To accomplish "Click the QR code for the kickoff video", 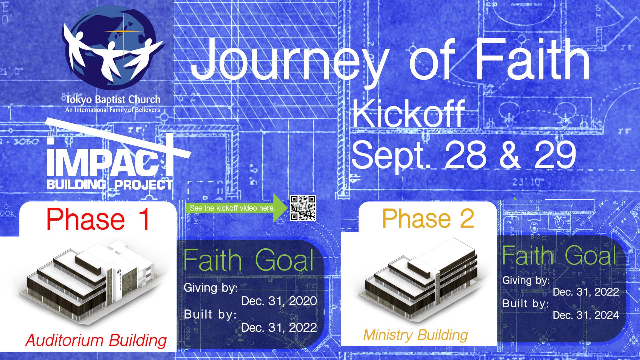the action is click(x=303, y=208).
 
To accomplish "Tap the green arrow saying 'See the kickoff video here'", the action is click(x=237, y=208).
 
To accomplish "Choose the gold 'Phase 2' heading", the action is click(x=428, y=218).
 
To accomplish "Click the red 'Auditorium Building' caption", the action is click(x=96, y=340).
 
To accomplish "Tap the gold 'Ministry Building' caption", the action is click(x=416, y=335).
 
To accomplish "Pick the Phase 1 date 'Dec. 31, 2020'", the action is click(x=279, y=301).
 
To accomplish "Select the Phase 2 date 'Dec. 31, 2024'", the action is click(x=586, y=315).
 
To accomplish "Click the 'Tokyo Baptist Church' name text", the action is click(x=113, y=99).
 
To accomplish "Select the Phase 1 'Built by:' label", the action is click(x=210, y=314).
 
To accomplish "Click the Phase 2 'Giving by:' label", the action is click(x=526, y=280).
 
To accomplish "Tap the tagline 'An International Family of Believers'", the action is click(x=113, y=110).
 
